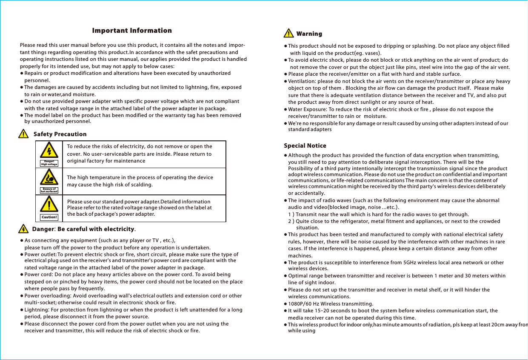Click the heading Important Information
point(132,31)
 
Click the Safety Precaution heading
point(60,134)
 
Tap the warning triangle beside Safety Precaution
point(23,134)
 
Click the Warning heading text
point(309,34)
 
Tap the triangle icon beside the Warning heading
point(289,33)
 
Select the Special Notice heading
point(305,146)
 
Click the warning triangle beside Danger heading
point(24,229)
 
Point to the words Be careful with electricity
point(96,230)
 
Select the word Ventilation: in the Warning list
point(302,81)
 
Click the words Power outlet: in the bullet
point(40,254)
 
